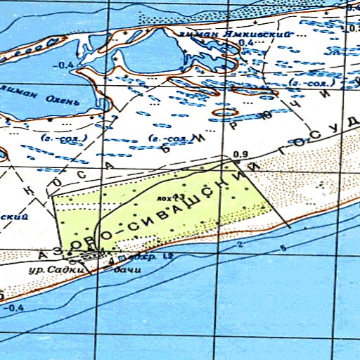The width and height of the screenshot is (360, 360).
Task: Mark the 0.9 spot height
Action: coord(240,155)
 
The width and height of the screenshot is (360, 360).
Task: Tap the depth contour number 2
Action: coord(240,245)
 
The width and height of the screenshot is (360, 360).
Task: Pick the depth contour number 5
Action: coord(282,249)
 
